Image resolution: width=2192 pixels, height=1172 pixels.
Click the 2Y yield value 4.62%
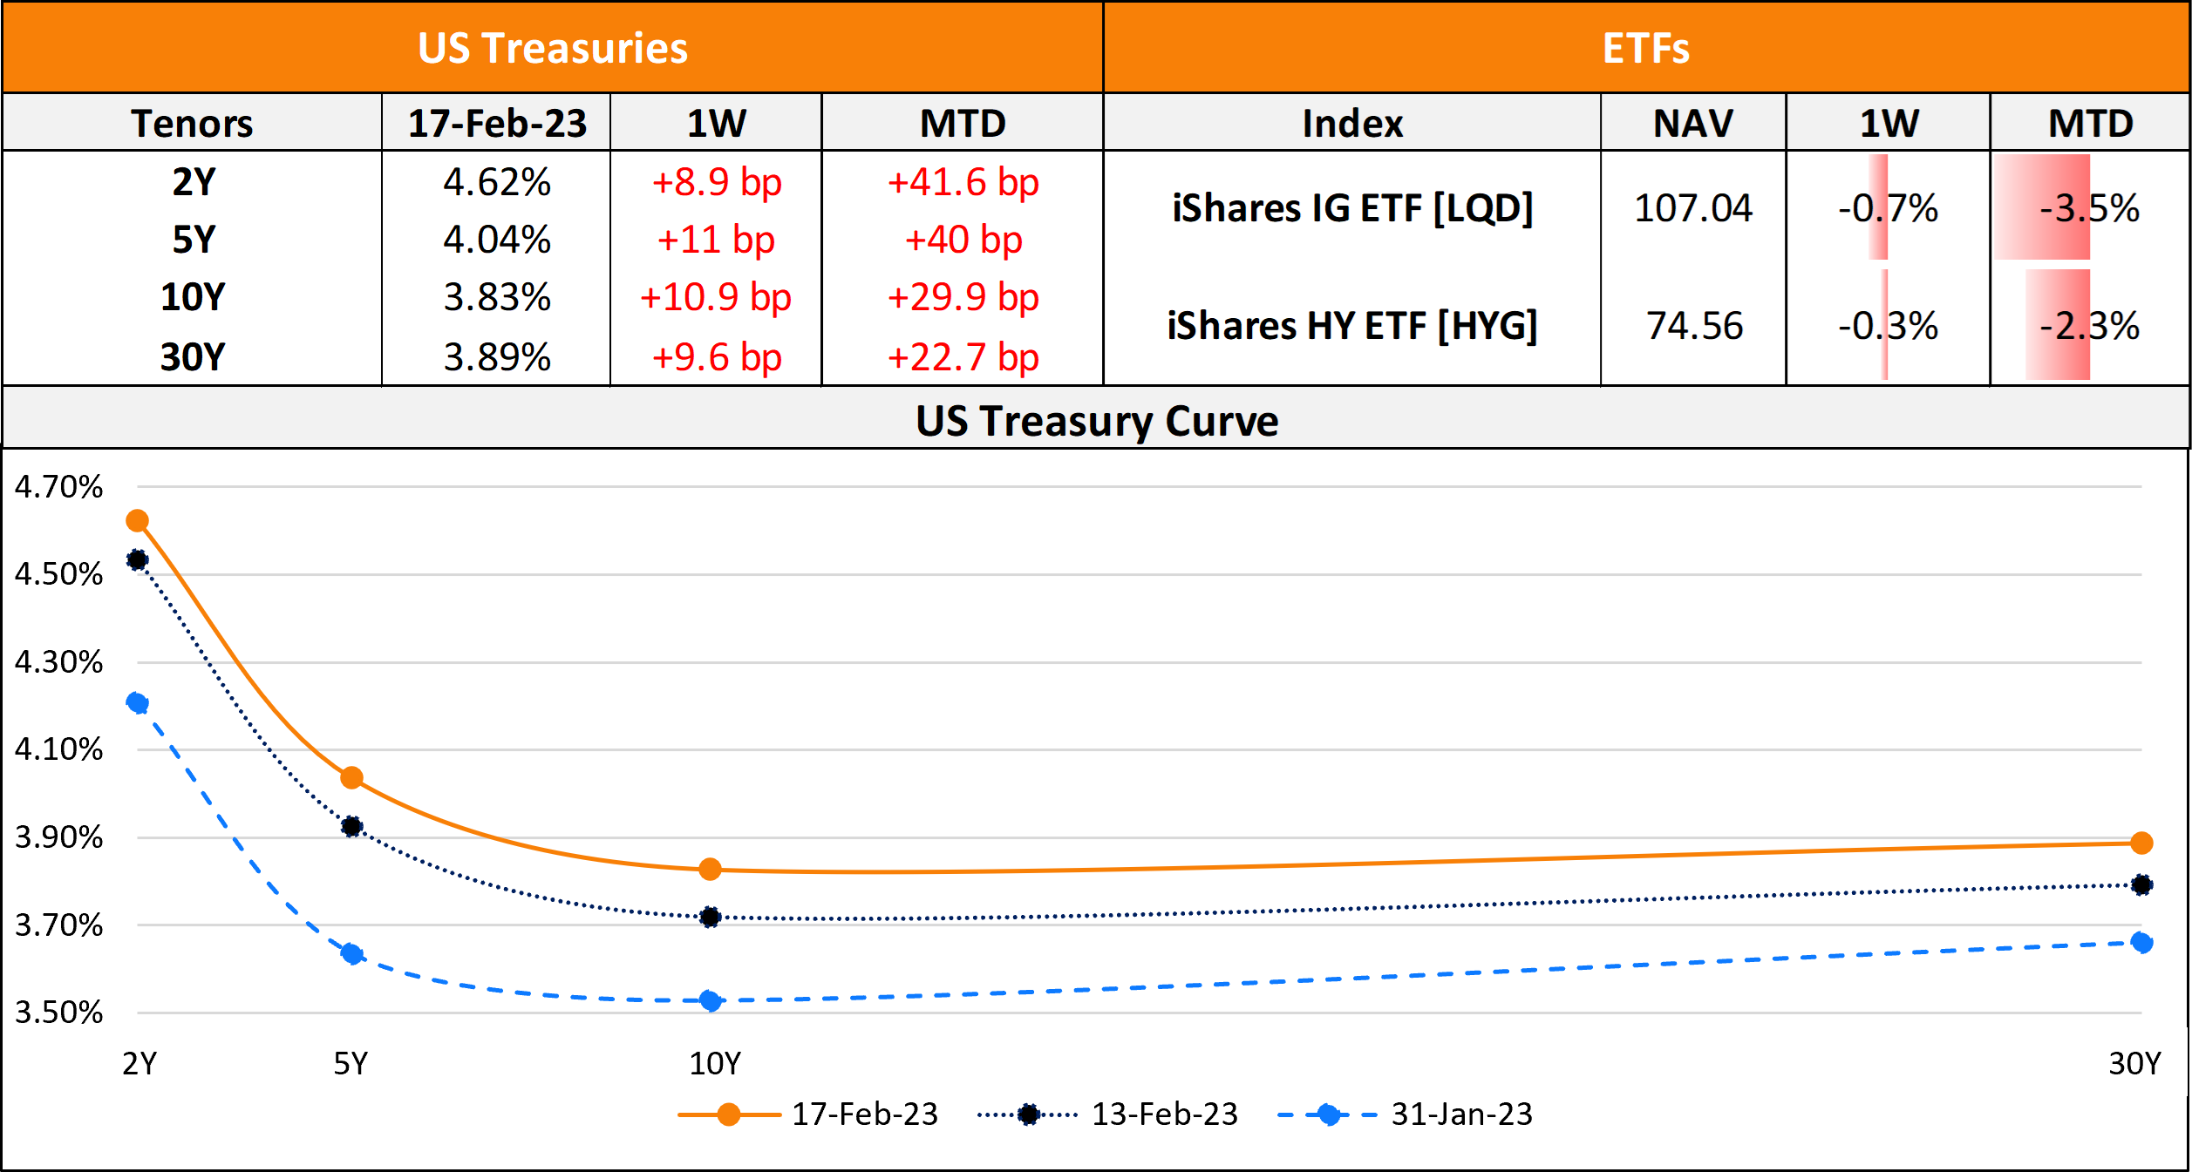click(497, 182)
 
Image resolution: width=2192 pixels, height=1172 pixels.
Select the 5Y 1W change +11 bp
click(716, 240)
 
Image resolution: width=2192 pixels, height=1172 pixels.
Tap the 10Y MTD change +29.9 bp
click(963, 297)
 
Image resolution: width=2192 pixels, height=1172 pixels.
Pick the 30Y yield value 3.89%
click(497, 356)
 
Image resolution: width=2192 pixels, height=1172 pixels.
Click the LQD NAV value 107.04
click(1692, 208)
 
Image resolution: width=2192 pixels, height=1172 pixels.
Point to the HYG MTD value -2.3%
click(2089, 326)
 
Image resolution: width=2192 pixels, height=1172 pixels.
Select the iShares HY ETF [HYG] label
click(1351, 326)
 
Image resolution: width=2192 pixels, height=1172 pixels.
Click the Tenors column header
click(192, 123)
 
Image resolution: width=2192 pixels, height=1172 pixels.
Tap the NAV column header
click(1692, 123)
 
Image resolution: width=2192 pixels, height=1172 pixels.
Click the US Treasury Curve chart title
click(1096, 421)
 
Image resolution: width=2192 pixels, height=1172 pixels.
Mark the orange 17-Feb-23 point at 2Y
click(137, 521)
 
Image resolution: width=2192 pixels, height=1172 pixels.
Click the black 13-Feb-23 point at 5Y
click(351, 826)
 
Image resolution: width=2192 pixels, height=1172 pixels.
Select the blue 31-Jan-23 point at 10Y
click(711, 1000)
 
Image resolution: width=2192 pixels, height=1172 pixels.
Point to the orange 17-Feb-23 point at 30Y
click(2141, 843)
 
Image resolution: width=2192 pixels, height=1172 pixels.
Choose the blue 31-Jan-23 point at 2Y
click(137, 702)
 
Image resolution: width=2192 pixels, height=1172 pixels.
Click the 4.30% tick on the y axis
click(58, 662)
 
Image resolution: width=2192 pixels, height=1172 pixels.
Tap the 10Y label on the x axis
click(714, 1063)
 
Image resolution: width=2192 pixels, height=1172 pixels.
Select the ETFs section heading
click(1645, 48)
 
